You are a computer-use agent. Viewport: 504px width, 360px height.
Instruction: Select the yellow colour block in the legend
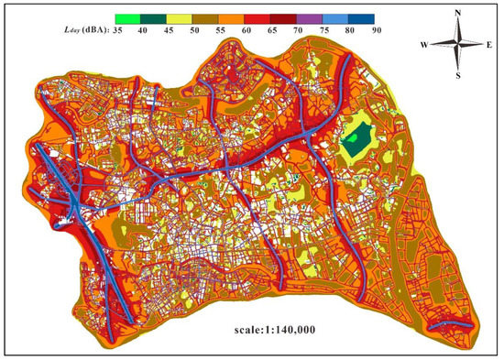(176, 16)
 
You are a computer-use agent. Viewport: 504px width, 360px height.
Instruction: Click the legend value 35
(117, 30)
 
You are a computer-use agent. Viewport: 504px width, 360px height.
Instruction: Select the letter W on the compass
(424, 44)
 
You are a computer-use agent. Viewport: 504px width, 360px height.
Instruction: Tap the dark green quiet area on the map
(354, 143)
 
